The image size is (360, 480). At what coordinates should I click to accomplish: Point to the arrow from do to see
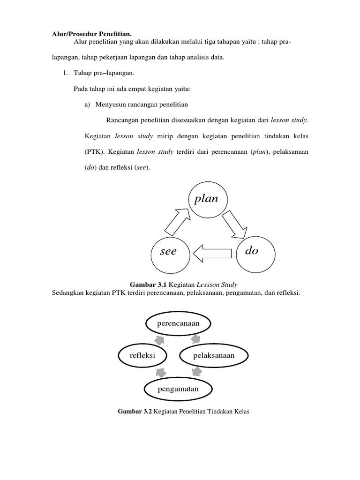(x=212, y=254)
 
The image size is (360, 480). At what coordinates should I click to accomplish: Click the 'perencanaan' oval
(x=179, y=323)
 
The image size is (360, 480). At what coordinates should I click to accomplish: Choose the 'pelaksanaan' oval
(x=213, y=356)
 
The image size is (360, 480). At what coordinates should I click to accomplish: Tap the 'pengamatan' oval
(x=178, y=389)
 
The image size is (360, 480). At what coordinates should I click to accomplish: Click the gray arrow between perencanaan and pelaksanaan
(x=198, y=338)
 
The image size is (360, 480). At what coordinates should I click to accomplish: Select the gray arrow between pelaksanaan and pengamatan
(x=197, y=372)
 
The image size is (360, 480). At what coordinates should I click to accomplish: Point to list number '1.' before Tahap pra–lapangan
(x=66, y=73)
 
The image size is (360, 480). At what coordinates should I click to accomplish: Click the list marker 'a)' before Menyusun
(x=88, y=105)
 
